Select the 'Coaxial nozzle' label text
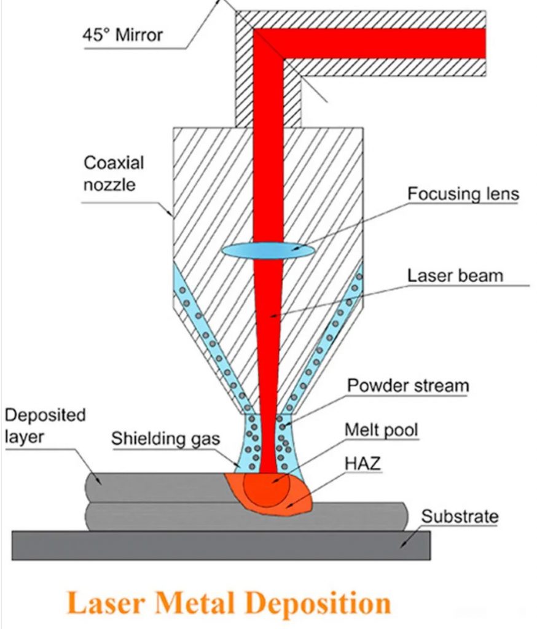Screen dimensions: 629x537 113,173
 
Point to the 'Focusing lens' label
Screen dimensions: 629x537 463,194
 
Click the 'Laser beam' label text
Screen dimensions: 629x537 455,275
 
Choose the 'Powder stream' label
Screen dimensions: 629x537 408,386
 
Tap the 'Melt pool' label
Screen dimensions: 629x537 381,430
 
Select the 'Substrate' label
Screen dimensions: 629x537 460,517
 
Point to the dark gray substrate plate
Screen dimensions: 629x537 221,545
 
